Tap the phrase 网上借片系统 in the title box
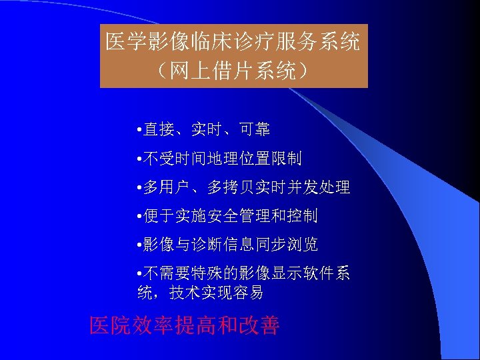pos(233,71)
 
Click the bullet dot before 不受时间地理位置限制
pos(137,159)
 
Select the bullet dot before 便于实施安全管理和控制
pos(137,217)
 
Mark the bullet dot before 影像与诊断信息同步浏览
pos(137,245)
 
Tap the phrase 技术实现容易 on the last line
pos(217,293)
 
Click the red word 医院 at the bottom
pos(111,325)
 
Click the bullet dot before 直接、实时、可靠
pos(137,130)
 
